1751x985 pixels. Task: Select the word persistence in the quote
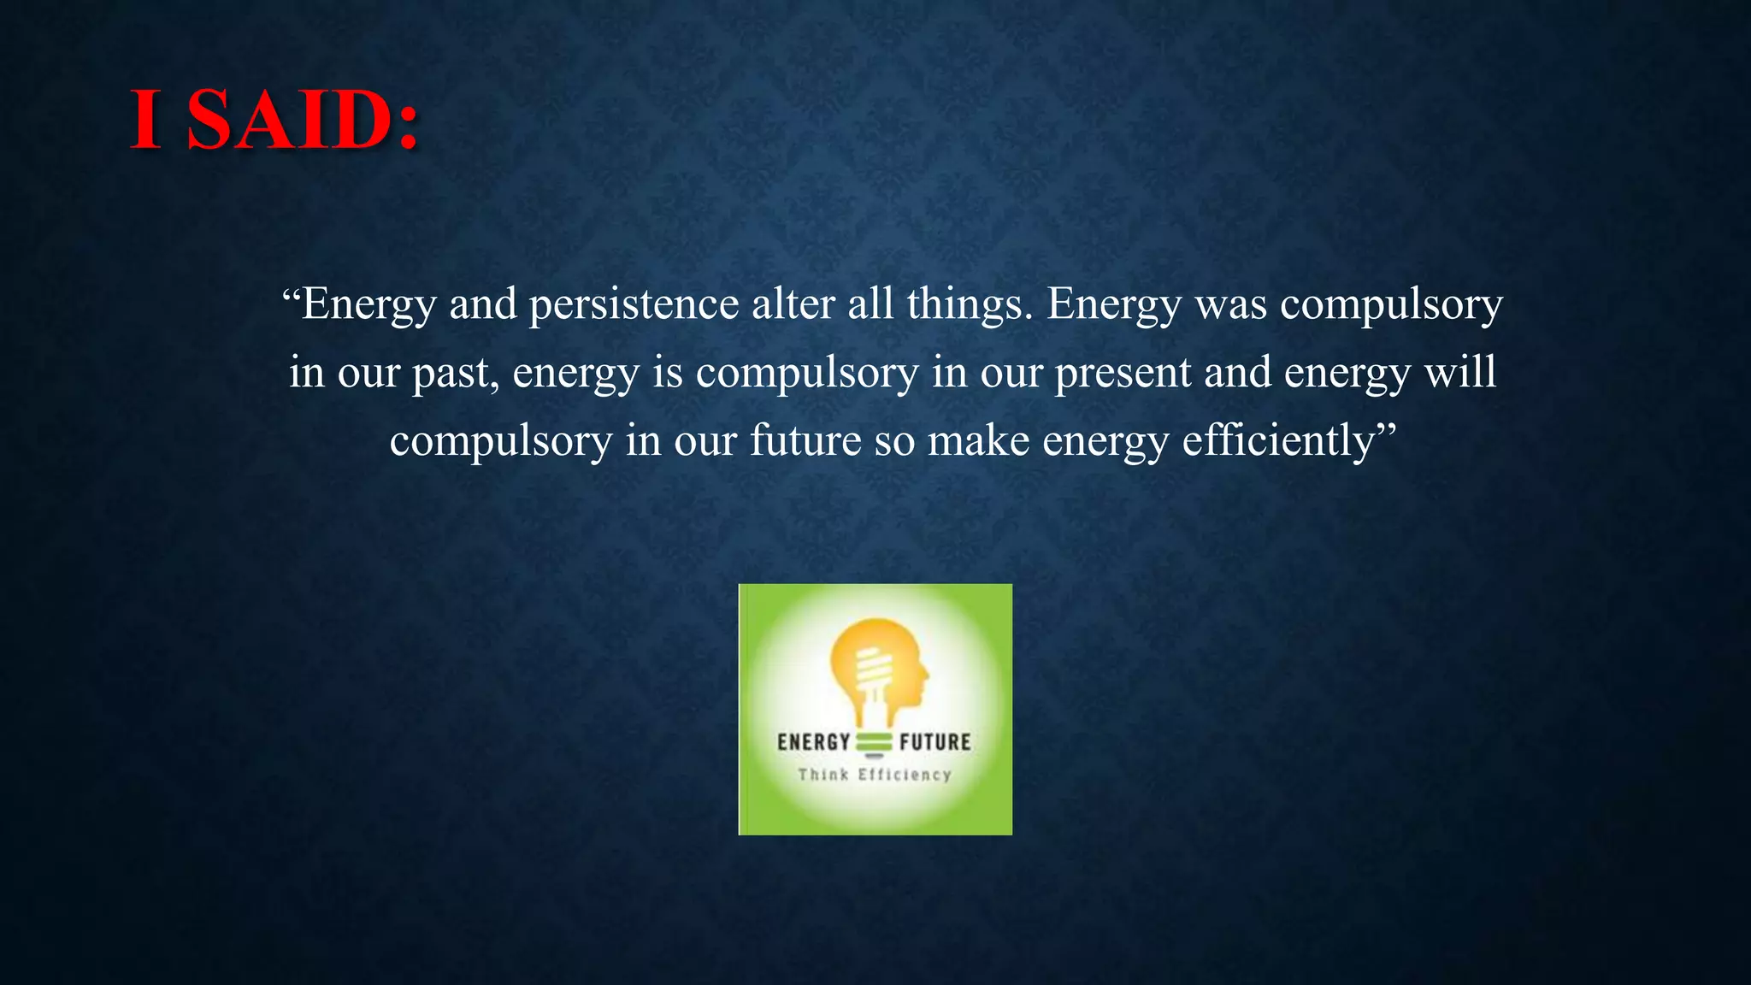coord(634,305)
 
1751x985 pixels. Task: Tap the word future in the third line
coord(805,441)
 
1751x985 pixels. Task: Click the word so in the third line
coord(894,443)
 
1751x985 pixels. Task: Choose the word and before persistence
coord(483,305)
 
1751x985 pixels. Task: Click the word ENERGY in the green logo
coord(813,742)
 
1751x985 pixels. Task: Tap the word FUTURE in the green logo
coord(934,742)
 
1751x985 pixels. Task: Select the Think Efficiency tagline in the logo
coord(874,775)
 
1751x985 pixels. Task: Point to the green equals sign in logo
coord(874,742)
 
